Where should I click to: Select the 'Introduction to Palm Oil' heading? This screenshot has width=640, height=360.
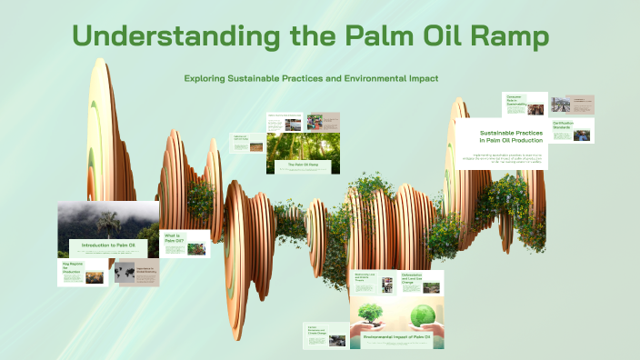(108, 246)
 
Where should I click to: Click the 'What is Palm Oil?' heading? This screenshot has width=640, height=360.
(174, 238)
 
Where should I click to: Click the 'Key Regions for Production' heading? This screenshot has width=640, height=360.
(72, 268)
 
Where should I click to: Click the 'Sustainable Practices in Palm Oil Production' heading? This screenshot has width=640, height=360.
(511, 136)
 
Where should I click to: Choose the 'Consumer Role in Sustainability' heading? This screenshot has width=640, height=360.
(517, 101)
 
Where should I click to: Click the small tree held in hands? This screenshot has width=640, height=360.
(370, 313)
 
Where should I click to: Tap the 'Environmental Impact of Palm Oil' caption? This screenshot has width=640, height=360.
(396, 337)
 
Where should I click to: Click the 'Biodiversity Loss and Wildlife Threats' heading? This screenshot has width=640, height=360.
(366, 278)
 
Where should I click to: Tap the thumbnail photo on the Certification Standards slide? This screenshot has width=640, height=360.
(582, 135)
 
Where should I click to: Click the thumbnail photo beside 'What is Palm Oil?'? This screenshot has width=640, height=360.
(195, 247)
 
